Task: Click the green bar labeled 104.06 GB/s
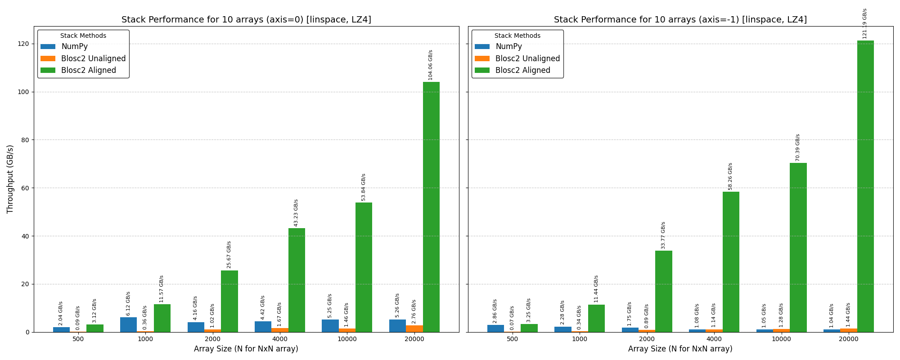tap(431, 207)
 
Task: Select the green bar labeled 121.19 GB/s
tap(865, 186)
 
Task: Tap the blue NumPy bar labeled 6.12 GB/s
tap(128, 324)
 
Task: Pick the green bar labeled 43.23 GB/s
tap(297, 280)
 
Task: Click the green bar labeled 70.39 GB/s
tap(798, 247)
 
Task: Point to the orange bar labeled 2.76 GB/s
tap(414, 329)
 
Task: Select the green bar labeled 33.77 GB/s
tap(663, 291)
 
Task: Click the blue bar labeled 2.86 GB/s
tap(495, 328)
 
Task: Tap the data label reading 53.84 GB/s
tap(364, 187)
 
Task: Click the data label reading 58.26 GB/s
tap(730, 176)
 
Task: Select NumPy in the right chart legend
tap(508, 46)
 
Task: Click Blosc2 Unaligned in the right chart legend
tap(527, 58)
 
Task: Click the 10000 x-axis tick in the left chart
tap(347, 339)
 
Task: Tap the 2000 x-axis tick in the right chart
tap(647, 339)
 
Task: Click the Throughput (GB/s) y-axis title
tap(10, 179)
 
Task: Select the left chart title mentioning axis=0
tap(246, 20)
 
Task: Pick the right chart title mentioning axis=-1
tap(680, 20)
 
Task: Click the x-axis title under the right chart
tap(680, 349)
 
